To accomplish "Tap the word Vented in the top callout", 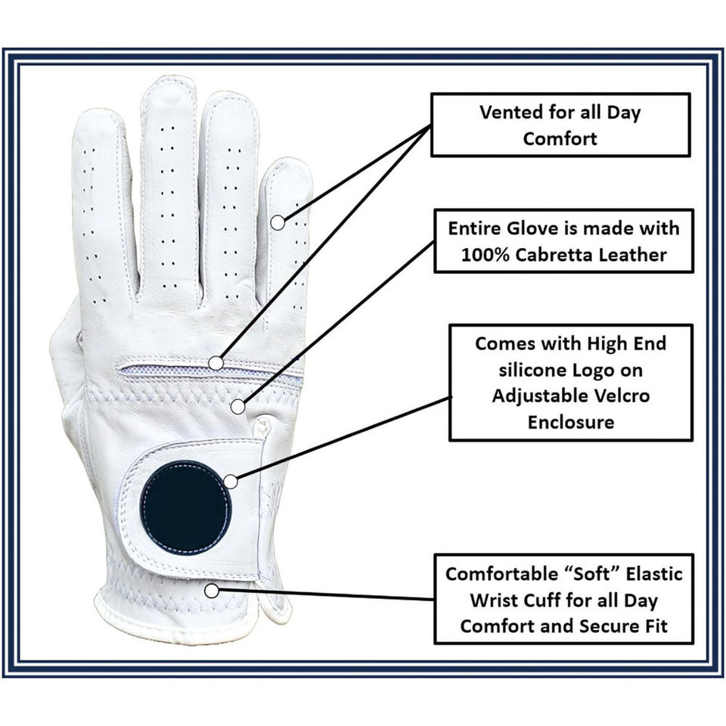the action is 510,113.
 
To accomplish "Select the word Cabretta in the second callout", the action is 561,254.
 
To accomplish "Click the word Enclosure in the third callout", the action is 570,421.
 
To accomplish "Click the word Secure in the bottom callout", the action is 616,626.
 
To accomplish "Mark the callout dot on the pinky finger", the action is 278,222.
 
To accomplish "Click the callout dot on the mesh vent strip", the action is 216,363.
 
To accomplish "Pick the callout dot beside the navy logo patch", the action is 231,481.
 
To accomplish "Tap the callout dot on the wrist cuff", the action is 213,589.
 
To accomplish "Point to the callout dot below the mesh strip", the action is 237,406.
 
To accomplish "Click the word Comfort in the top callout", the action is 560,138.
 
